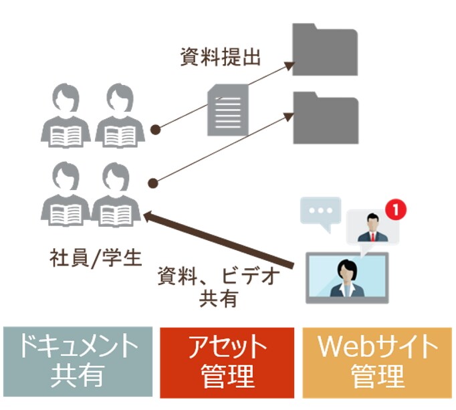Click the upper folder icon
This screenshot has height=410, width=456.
[326, 50]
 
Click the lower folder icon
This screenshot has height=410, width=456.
[326, 118]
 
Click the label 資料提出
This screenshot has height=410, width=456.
[220, 58]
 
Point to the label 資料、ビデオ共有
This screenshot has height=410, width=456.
[218, 286]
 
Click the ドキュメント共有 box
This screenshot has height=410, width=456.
[78, 361]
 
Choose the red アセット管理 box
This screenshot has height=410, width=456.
[227, 361]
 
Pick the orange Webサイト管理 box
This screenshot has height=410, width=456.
[377, 361]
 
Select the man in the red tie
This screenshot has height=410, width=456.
[371, 227]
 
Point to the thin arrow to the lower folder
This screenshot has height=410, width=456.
[224, 148]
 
